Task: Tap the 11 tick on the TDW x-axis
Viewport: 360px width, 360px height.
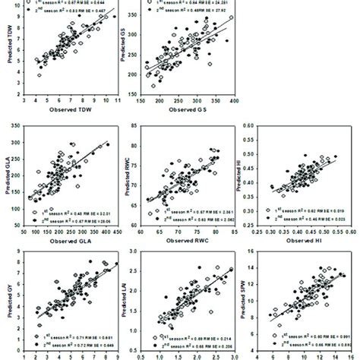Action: (117, 99)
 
